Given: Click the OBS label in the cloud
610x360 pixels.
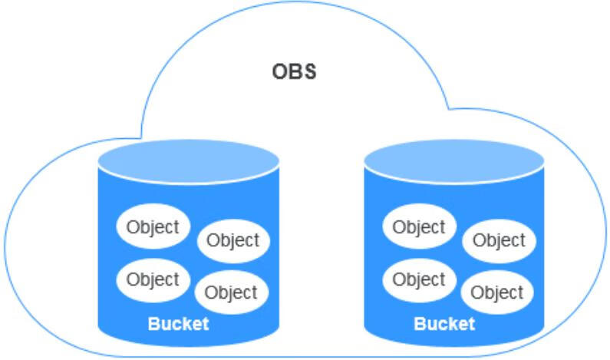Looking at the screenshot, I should click(295, 73).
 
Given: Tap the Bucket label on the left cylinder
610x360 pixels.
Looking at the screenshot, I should click(178, 323).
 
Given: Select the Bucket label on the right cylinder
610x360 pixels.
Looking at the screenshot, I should click(444, 323).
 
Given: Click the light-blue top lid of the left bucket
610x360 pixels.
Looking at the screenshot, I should click(188, 160).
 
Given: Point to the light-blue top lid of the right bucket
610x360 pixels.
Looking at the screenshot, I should click(454, 160).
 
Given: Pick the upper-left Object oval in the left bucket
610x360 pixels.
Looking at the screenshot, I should click(153, 226).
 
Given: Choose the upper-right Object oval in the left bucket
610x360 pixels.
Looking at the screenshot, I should click(233, 240).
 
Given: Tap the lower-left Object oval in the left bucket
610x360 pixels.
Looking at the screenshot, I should click(153, 279).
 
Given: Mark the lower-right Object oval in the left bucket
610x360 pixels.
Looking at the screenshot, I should click(232, 292).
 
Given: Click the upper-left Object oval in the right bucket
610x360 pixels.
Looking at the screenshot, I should click(418, 227).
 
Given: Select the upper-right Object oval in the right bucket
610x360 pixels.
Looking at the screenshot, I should click(499, 241).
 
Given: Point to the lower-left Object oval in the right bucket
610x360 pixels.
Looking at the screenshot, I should click(418, 279).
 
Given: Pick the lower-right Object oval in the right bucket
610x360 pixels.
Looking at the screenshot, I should click(497, 292).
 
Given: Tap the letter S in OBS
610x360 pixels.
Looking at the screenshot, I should click(309, 73).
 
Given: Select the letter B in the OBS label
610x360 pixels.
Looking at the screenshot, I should click(295, 73).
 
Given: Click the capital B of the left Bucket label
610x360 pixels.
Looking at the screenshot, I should click(153, 323).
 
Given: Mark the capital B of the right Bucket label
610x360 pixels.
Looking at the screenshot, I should click(420, 323).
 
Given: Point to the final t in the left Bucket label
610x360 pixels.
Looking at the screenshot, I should click(205, 323).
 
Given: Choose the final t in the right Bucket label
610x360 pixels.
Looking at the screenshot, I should click(471, 323).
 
